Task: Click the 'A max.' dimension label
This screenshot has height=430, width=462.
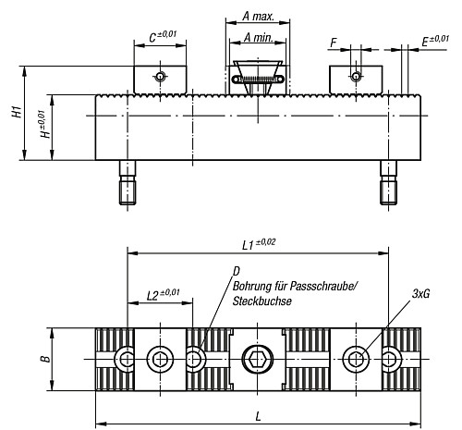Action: pos(256,16)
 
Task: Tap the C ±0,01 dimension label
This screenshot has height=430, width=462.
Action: pos(164,38)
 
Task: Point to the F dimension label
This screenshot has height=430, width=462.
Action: pos(333,42)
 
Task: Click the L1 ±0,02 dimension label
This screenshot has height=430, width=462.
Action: pos(261,243)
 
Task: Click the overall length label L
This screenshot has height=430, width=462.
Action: pos(259,417)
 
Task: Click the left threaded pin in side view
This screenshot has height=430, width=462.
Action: pos(127,185)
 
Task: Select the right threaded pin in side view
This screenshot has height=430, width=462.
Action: pos(389,185)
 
